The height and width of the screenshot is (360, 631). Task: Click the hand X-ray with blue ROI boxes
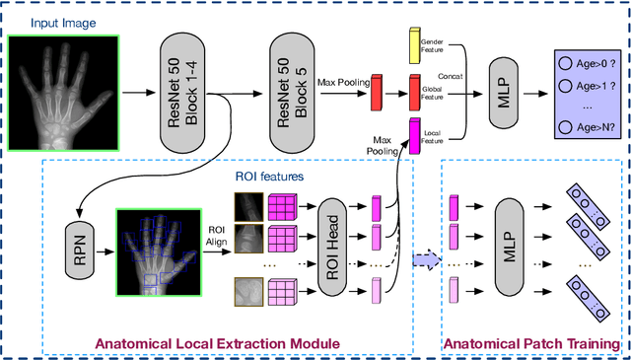(x=159, y=252)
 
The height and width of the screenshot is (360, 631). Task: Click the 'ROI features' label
(x=269, y=177)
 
